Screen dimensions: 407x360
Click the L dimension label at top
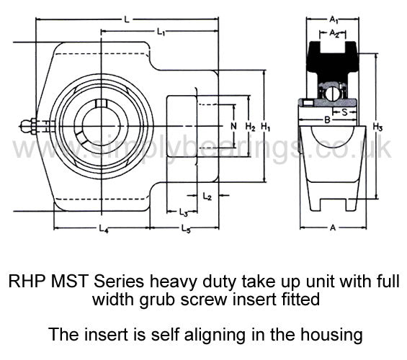(127, 19)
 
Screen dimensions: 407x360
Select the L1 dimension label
(161, 32)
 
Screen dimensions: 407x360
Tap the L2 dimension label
(207, 197)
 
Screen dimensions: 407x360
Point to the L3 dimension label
(183, 212)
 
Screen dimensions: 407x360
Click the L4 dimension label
(103, 229)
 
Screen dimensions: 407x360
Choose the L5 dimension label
(185, 229)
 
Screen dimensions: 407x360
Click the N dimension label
(234, 126)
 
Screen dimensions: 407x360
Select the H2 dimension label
(251, 127)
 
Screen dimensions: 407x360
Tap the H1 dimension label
(266, 127)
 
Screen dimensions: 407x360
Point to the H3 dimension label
(377, 127)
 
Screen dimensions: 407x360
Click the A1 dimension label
(334, 19)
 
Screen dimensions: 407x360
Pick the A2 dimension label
(334, 34)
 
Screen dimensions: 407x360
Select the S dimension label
(345, 112)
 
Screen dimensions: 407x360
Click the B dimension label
(328, 120)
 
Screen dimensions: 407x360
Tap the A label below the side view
(333, 228)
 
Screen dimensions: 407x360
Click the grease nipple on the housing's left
(28, 126)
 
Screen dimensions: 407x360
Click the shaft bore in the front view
(102, 127)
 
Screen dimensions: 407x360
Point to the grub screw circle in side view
(333, 94)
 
